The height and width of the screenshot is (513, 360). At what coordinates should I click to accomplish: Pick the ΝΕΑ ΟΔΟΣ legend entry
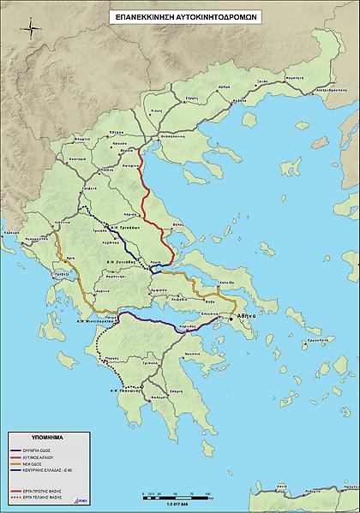click(x=49, y=462)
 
